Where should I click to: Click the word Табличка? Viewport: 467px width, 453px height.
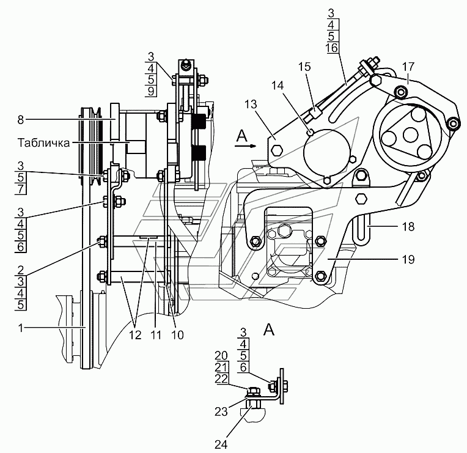[x=44, y=142]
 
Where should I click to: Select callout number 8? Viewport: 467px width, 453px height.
[x=20, y=119]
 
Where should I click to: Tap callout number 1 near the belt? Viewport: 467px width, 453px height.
[x=20, y=328]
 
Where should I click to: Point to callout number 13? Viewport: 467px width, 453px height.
[x=251, y=105]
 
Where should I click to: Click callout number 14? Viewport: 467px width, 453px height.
[x=278, y=86]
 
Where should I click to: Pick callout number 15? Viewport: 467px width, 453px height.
[x=304, y=67]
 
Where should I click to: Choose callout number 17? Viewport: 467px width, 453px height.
[x=408, y=67]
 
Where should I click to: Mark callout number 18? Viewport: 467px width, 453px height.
[x=408, y=227]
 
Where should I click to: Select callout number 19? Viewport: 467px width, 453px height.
[x=408, y=259]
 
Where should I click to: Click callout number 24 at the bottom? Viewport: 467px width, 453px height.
[x=221, y=444]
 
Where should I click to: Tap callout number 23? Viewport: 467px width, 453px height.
[x=221, y=411]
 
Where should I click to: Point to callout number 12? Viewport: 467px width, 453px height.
[x=135, y=335]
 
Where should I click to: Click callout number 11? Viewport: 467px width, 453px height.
[x=156, y=335]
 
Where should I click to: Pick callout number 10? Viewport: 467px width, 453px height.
[x=177, y=335]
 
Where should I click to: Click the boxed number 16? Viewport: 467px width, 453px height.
[x=331, y=48]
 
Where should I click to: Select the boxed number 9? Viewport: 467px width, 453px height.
[x=151, y=91]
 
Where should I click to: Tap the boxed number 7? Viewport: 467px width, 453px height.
[x=20, y=189]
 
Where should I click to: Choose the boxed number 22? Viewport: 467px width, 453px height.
[x=221, y=379]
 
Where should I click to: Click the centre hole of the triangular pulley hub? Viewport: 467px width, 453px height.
[x=410, y=134]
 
